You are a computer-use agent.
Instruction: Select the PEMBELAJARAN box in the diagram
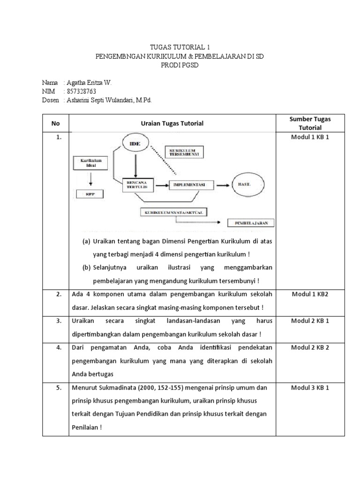(x=251, y=223)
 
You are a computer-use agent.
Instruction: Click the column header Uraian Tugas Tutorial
(x=172, y=123)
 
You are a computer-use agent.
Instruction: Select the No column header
(x=56, y=123)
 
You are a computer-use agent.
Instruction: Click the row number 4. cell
(x=59, y=347)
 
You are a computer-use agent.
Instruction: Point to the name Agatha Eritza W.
(x=90, y=83)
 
